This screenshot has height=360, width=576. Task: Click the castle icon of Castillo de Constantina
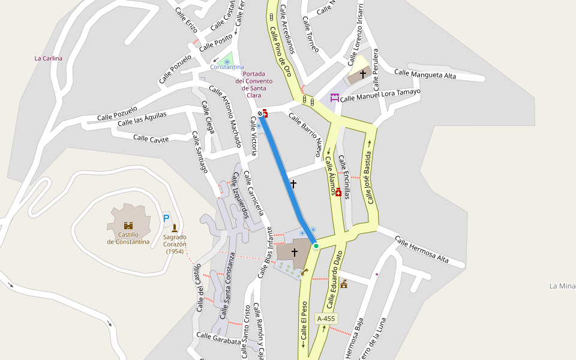[x=128, y=226]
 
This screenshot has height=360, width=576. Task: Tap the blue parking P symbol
[x=166, y=218]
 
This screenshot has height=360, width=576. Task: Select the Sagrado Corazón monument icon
[x=175, y=228]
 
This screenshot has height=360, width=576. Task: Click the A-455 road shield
[x=326, y=319]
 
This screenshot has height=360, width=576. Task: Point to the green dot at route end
[x=316, y=246]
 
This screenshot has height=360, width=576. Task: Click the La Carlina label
[x=49, y=58]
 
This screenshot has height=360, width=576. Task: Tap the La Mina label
[x=562, y=286]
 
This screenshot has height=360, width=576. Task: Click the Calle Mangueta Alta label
[x=425, y=74]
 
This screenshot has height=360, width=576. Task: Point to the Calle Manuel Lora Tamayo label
[x=380, y=95]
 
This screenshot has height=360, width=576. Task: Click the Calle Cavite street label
[x=151, y=138]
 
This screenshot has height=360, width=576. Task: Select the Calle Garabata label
[x=218, y=338]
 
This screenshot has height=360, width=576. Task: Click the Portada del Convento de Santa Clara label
[x=254, y=85]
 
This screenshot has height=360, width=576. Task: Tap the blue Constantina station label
[x=227, y=67]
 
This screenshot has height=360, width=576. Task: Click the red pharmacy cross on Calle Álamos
[x=338, y=192]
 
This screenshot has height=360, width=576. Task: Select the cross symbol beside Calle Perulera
[x=362, y=74]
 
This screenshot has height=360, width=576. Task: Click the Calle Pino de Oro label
[x=280, y=52]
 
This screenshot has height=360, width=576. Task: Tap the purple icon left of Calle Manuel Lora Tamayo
[x=334, y=97]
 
